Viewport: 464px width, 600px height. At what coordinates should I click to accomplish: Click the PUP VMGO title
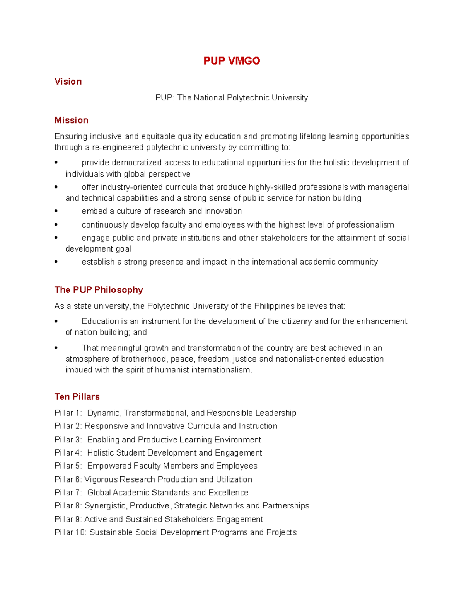[x=232, y=61]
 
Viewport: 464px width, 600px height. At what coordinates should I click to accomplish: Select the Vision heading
[x=68, y=82]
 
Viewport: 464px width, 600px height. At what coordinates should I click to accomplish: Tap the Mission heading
[x=72, y=120]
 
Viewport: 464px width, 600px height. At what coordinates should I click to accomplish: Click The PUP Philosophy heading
[x=99, y=290]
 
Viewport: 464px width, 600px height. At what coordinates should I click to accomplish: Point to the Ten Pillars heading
[x=77, y=397]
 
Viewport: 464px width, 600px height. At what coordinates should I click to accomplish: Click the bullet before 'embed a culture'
[x=56, y=211]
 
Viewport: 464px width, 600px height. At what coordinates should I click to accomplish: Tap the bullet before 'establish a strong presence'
[x=56, y=262]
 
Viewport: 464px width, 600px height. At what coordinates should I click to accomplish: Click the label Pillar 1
[x=68, y=413]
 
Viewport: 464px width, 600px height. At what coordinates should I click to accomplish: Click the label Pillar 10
[x=70, y=532]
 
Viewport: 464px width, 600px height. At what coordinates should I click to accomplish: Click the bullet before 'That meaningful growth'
[x=56, y=348]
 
